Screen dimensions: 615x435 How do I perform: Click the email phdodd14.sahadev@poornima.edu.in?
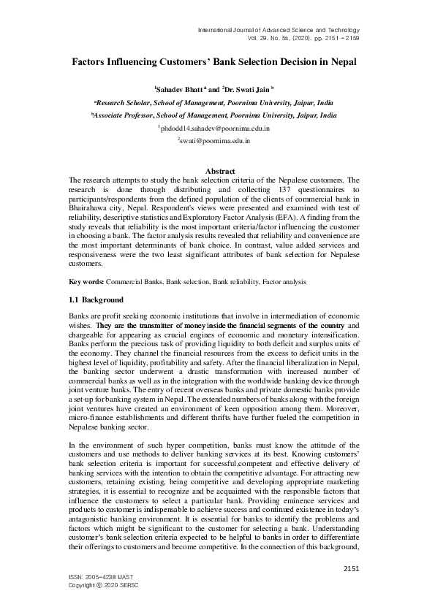point(214,128)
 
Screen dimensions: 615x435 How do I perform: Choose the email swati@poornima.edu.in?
point(214,141)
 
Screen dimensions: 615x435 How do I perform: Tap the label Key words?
point(86,281)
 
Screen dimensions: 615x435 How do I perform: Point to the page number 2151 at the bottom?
point(352,568)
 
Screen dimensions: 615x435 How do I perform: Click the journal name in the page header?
point(279,29)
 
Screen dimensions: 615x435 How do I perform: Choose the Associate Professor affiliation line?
point(214,115)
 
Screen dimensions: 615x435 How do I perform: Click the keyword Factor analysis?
point(284,281)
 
